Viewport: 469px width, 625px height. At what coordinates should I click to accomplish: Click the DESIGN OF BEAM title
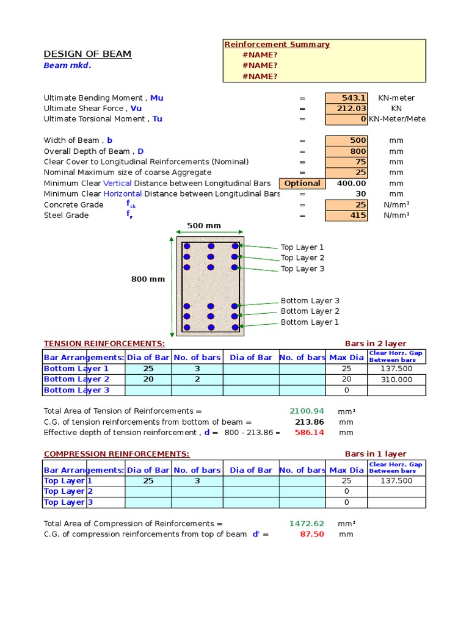coord(87,54)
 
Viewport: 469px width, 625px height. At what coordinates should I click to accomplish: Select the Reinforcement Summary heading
coord(277,45)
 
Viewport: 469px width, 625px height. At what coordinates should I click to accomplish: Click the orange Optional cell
coord(302,183)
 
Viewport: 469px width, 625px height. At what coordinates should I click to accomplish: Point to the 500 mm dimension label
coord(204,226)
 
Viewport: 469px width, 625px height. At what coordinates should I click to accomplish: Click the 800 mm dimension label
coord(148,280)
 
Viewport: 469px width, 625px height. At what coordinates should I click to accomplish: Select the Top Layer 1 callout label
coord(302,247)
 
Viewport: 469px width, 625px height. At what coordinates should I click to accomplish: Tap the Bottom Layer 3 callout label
coord(310,301)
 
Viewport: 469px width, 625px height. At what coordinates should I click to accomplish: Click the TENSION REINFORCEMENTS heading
coord(104,344)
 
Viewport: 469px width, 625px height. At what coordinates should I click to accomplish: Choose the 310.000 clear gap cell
coord(396,380)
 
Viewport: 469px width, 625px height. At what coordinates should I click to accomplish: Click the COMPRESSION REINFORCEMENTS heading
coord(116,454)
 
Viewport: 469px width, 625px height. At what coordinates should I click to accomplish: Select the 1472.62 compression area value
coord(307,524)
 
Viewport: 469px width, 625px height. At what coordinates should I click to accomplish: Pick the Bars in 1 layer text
coord(376,454)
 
